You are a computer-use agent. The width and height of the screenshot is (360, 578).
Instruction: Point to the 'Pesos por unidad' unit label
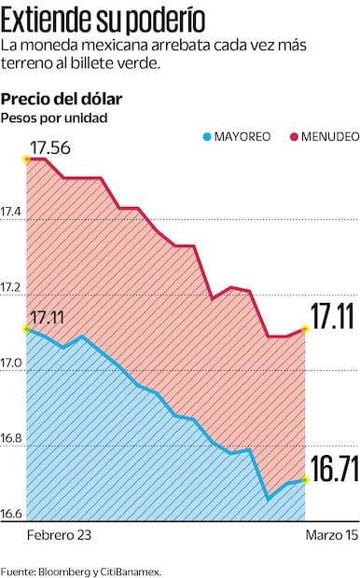click(x=54, y=117)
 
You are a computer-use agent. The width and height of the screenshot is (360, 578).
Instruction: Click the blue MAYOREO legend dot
click(x=207, y=137)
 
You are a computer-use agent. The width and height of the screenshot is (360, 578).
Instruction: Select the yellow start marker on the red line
click(x=26, y=159)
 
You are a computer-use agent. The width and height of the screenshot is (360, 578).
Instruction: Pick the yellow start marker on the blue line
click(x=26, y=329)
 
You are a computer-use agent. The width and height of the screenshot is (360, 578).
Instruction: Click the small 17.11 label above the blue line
click(x=47, y=319)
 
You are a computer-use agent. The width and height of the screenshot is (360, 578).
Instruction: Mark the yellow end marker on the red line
click(x=305, y=329)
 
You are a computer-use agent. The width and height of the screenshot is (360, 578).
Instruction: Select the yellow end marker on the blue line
click(x=305, y=480)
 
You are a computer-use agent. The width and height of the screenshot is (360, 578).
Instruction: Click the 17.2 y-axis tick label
click(x=12, y=290)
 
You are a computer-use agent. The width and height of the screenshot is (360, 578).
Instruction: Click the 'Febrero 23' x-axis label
click(x=59, y=536)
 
